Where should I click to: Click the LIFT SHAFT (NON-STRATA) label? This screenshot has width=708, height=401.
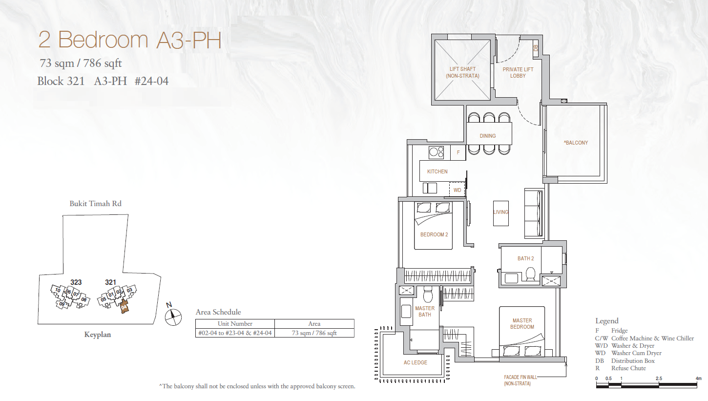point(462,72)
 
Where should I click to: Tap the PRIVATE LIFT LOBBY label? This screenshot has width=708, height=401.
point(518,72)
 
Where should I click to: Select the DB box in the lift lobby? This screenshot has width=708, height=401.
point(536,48)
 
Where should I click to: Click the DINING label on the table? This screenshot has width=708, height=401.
point(488,136)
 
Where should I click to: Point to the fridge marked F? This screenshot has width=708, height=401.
point(458,152)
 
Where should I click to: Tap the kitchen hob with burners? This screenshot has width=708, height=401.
point(436,152)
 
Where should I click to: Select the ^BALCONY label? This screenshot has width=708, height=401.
point(576,143)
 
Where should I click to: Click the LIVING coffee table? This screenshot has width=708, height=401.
point(501,213)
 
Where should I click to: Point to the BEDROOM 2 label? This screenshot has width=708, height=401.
point(434,234)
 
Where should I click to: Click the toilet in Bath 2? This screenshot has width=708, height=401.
point(530,274)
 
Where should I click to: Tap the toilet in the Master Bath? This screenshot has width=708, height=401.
point(428,295)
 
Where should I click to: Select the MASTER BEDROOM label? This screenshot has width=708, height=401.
point(522,323)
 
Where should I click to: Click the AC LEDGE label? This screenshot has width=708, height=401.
point(416,362)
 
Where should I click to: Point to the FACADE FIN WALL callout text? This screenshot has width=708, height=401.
point(518,380)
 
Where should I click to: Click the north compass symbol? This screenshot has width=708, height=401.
point(173,316)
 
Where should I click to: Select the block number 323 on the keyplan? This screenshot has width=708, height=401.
point(76,282)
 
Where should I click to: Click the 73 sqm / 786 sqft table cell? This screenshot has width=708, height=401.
point(314,333)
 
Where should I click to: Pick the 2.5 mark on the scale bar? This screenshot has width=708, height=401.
point(659,378)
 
